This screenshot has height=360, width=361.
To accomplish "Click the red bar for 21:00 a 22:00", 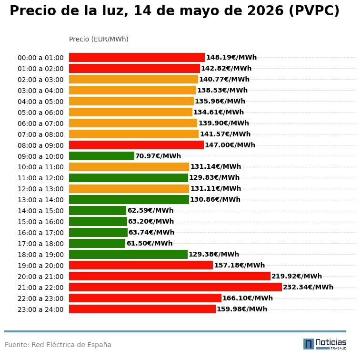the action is pyautogui.click(x=175, y=287).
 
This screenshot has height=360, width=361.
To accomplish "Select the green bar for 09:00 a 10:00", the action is pyautogui.click(x=101, y=156).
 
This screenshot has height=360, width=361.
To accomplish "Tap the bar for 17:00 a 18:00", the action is pyautogui.click(x=97, y=243).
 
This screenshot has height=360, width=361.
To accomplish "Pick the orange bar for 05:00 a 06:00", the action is pyautogui.click(x=130, y=112).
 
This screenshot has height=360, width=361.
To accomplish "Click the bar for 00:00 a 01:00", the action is pyautogui.click(x=137, y=57).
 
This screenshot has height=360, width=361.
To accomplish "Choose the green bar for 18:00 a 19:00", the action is pyautogui.click(x=128, y=255).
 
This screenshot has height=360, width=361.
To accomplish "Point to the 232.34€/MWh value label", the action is pyautogui.click(x=308, y=287).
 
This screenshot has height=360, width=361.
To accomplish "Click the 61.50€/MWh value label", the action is pyautogui.click(x=150, y=243).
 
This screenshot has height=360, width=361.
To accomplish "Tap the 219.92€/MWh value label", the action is pyautogui.click(x=297, y=276).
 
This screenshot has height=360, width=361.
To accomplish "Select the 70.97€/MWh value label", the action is pyautogui.click(x=158, y=156).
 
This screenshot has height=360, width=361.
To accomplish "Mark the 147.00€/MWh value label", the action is pyautogui.click(x=230, y=145).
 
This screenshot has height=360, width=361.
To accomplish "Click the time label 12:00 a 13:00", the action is pyautogui.click(x=40, y=189).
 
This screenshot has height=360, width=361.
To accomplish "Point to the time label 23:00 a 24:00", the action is pyautogui.click(x=40, y=309).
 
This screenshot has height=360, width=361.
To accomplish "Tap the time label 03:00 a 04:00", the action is pyautogui.click(x=40, y=91).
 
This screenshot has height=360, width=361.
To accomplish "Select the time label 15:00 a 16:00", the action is pyautogui.click(x=40, y=222).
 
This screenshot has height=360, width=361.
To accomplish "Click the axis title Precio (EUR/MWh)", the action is pyautogui.click(x=99, y=39).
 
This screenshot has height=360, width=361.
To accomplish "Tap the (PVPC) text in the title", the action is pyautogui.click(x=314, y=11).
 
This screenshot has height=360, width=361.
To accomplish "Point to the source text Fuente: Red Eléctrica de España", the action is pyautogui.click(x=58, y=345).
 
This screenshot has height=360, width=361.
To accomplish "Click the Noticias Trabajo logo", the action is pyautogui.click(x=325, y=344).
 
